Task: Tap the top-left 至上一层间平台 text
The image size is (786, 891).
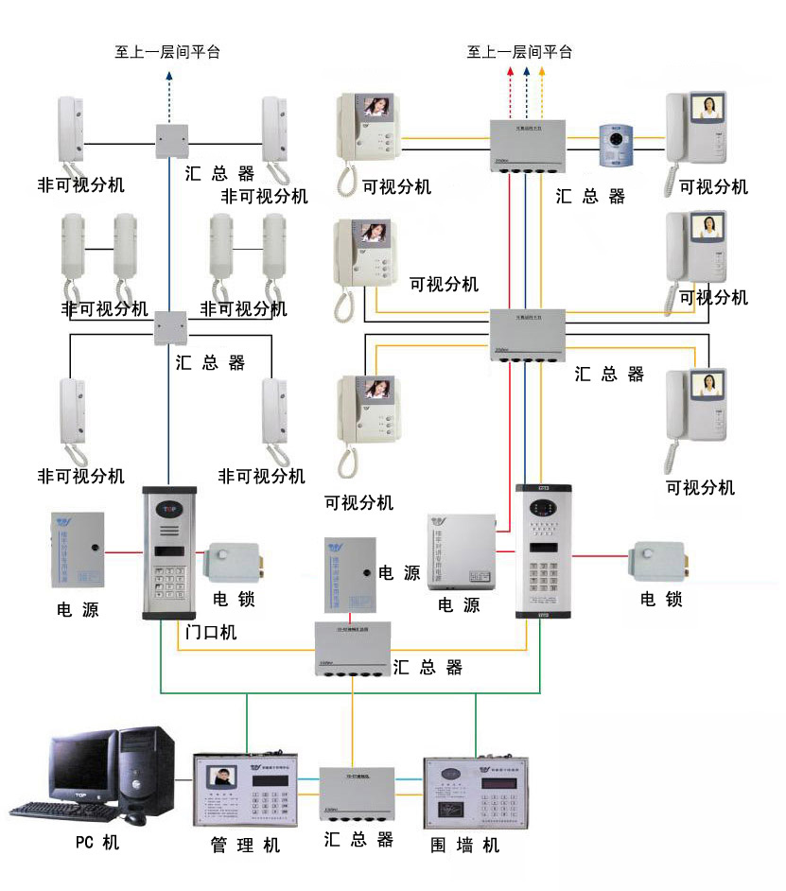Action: pos(168,52)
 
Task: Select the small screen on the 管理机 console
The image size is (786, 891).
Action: pos(221,778)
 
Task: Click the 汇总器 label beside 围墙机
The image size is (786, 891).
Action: pos(358,839)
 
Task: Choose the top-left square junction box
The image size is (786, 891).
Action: pos(171,141)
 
